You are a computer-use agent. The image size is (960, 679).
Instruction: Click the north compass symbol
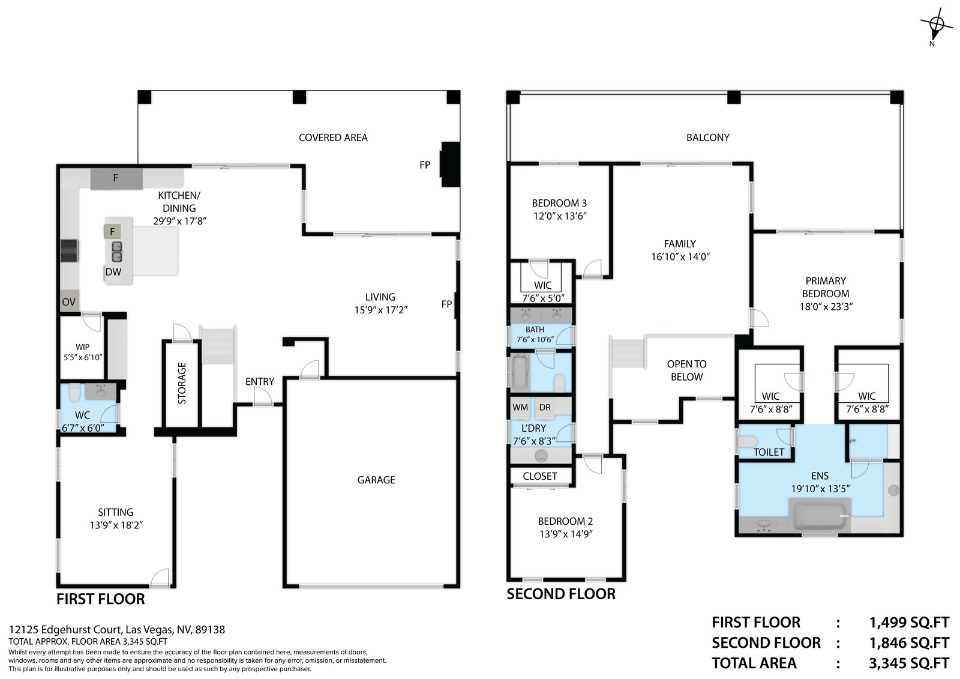click(937, 26)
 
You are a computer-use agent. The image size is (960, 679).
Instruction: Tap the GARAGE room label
click(376, 480)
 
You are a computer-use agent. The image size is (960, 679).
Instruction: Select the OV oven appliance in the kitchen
click(68, 301)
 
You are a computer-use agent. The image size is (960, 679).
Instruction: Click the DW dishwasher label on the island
click(113, 271)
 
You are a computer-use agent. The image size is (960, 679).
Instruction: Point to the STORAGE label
click(182, 384)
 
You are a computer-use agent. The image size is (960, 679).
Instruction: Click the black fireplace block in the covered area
click(451, 164)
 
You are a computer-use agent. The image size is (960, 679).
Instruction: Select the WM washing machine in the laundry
click(520, 408)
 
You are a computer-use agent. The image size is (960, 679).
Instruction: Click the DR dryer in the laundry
click(545, 408)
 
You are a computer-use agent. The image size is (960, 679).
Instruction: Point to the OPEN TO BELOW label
click(686, 370)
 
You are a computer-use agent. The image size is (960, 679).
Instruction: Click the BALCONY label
click(708, 137)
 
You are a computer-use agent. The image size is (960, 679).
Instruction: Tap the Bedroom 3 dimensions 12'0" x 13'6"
click(560, 216)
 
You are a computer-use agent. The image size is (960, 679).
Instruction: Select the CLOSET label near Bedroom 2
click(540, 477)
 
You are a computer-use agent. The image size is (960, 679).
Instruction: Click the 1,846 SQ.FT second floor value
click(909, 643)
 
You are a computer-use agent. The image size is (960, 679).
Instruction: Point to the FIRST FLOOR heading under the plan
click(101, 599)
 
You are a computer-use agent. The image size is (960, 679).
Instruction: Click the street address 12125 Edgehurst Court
click(65, 630)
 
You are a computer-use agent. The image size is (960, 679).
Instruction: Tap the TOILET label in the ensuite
click(769, 452)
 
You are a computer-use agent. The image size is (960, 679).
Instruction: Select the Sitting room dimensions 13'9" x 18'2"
click(116, 525)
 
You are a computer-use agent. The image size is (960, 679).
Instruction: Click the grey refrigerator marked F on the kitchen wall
click(116, 178)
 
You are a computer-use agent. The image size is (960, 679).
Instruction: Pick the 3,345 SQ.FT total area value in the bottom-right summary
click(909, 663)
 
